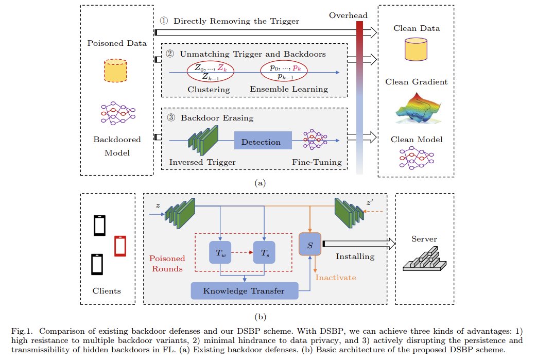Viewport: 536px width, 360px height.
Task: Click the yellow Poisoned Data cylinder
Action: (115, 71)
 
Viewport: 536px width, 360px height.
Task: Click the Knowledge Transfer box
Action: (244, 291)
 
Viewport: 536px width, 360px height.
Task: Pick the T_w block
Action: (220, 252)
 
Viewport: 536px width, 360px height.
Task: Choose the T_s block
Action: (264, 252)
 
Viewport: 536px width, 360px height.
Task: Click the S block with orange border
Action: (310, 244)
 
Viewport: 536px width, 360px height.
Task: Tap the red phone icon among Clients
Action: (120, 246)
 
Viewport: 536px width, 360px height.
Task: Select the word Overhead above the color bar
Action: (346, 15)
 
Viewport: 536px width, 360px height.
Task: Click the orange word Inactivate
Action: (336, 277)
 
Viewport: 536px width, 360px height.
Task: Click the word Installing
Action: (354, 255)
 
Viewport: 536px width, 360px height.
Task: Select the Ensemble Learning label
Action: (289, 89)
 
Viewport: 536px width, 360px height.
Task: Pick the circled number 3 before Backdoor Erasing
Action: (171, 118)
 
